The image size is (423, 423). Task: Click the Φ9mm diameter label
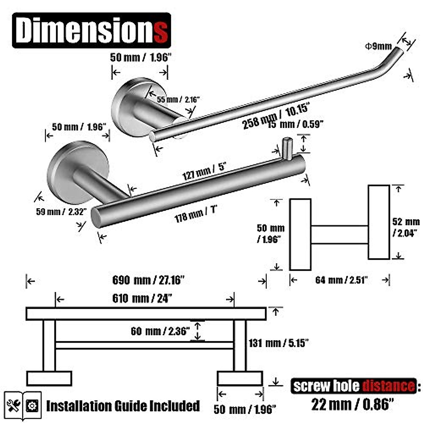point(378,46)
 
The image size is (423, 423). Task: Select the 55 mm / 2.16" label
point(178,100)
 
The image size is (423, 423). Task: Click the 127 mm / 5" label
point(204,171)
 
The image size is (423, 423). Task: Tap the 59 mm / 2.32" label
point(61,212)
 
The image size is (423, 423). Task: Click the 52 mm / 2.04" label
point(406,227)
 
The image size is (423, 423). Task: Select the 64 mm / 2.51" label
point(341,280)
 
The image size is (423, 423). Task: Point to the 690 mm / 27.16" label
point(148,280)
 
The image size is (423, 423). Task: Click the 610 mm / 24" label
point(142,299)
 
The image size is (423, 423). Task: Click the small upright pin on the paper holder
point(287,148)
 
